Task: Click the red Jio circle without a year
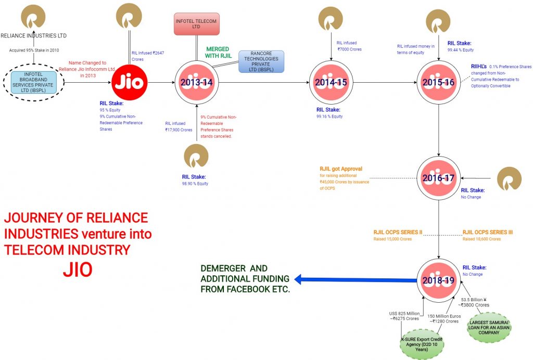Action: (x=130, y=83)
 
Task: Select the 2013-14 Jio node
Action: (x=196, y=83)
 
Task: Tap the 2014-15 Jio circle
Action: (x=332, y=83)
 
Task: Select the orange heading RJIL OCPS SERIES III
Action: (x=488, y=232)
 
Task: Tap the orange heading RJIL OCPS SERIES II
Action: (x=398, y=232)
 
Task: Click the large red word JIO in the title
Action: (x=78, y=269)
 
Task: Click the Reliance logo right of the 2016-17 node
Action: (x=509, y=178)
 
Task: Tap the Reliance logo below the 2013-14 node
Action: (x=196, y=157)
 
